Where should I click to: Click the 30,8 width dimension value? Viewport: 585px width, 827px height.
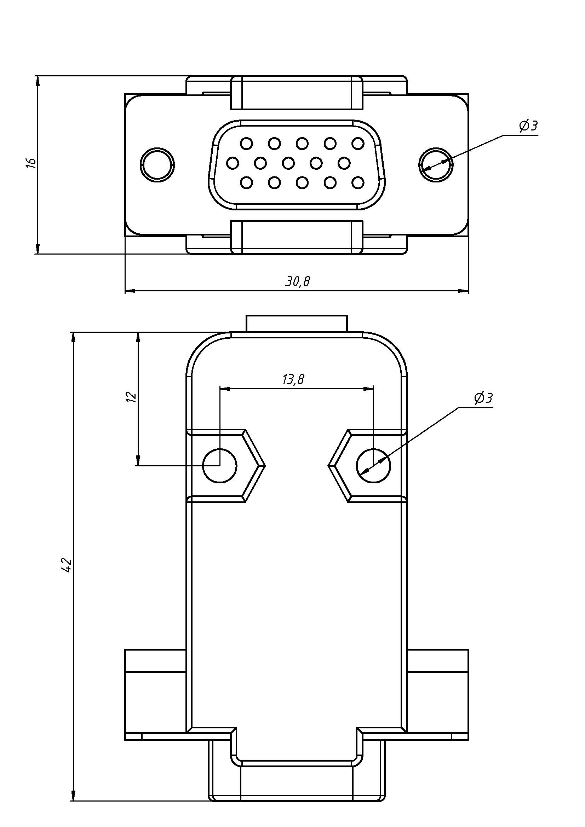click(297, 281)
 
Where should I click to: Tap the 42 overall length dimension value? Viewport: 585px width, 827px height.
click(67, 565)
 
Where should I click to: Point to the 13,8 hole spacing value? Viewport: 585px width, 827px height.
click(293, 379)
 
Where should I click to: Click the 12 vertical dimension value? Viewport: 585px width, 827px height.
click(132, 396)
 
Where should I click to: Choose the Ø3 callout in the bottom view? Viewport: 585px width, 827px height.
click(483, 398)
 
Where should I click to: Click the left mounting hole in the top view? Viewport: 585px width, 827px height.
click(157, 165)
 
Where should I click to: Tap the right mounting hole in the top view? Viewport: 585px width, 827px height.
click(436, 165)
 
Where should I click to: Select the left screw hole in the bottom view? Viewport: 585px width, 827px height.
click(220, 465)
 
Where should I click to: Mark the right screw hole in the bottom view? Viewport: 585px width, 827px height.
click(373, 465)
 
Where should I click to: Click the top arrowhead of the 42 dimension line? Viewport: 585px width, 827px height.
click(74, 337)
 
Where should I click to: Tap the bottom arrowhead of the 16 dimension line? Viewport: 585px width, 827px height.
click(38, 249)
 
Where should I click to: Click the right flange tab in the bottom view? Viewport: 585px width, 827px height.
click(437, 694)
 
